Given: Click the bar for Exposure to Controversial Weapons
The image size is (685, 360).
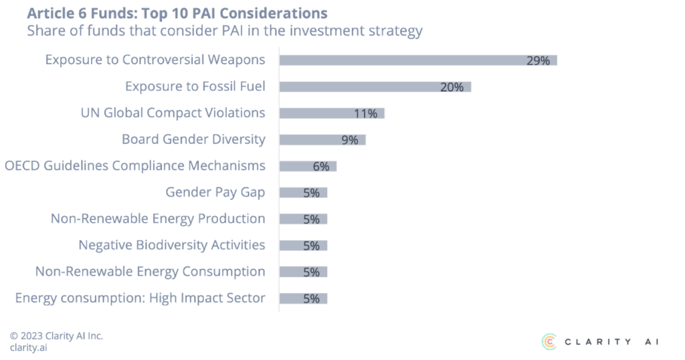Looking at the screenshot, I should click(417, 60).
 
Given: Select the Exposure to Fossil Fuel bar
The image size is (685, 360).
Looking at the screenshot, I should click(375, 87).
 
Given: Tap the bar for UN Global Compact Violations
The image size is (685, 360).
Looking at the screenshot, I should click(332, 114).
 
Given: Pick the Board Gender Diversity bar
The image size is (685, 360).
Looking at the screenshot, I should click(322, 140).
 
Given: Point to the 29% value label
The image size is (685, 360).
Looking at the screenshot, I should click(538, 60).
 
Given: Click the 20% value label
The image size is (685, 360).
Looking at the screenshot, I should click(452, 87).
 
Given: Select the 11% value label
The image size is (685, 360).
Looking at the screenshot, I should click(366, 114).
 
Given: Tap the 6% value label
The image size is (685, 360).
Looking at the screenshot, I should click(321, 167).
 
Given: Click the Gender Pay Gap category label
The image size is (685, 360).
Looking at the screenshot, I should click(215, 193).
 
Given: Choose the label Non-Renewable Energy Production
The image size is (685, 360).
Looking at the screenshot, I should click(158, 219).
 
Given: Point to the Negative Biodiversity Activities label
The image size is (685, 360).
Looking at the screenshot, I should click(171, 245).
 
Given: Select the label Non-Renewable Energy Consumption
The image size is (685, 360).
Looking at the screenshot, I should click(150, 272).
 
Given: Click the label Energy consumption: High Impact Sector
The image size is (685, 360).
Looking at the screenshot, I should click(140, 298).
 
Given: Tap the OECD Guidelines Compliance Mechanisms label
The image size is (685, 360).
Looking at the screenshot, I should click(135, 166).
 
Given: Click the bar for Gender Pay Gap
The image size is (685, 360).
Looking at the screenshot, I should click(303, 193).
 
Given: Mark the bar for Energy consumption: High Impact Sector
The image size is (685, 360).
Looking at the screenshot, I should click(303, 298).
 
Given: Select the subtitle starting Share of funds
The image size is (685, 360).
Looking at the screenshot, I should click(224, 31).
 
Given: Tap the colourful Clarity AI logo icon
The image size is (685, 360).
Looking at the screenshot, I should click(549, 341).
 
